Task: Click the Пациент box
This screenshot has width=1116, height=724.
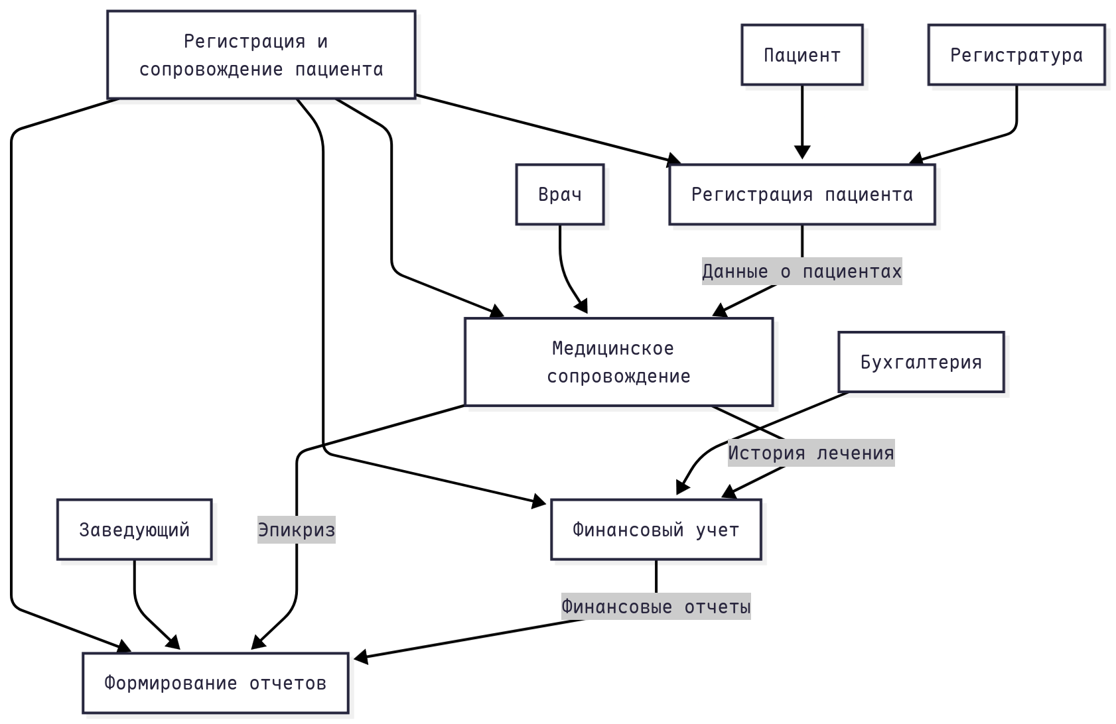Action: [802, 55]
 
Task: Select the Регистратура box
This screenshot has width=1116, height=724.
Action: [1016, 55]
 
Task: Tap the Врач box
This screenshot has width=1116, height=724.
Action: [560, 194]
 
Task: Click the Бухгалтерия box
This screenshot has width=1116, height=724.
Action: [921, 362]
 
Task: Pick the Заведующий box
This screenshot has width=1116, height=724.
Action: [134, 530]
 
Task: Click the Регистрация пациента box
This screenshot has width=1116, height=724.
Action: [802, 194]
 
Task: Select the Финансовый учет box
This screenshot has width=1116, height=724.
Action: [656, 530]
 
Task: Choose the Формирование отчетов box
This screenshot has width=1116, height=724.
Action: [215, 683]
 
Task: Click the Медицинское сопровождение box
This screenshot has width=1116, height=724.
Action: [618, 362]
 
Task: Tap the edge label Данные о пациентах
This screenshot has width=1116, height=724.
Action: [802, 271]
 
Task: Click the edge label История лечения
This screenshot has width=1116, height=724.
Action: [811, 453]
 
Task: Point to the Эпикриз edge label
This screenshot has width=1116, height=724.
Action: [296, 530]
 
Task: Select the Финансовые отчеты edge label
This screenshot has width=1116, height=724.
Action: [656, 607]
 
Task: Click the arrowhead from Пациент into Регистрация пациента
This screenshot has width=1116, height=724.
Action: [802, 153]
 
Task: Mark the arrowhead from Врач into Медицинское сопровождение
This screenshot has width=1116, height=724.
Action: [582, 307]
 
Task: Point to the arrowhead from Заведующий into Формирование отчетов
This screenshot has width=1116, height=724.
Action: [174, 643]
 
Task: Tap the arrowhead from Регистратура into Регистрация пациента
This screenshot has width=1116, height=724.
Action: [916, 159]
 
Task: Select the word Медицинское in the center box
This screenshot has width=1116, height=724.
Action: [612, 348]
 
